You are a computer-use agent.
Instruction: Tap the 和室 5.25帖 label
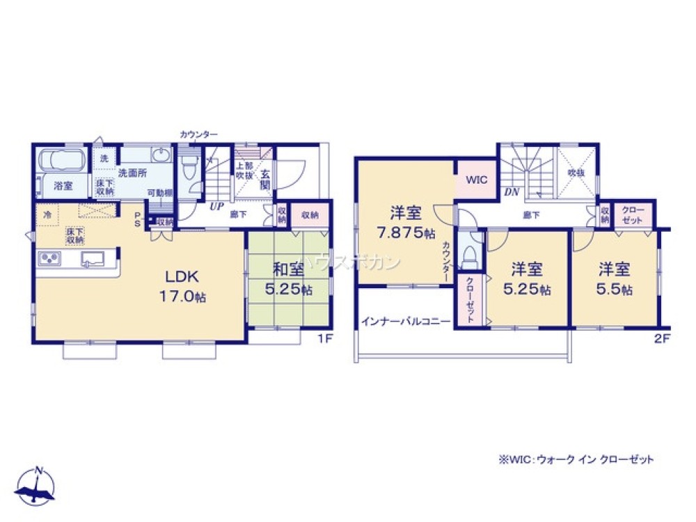(x=287, y=278)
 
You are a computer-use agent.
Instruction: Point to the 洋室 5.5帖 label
(x=612, y=279)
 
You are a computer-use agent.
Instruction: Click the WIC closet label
(x=477, y=180)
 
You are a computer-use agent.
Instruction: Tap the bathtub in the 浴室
(x=61, y=161)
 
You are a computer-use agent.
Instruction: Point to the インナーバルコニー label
(x=405, y=322)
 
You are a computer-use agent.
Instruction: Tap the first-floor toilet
(x=187, y=167)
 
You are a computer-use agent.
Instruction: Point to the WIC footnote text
(x=576, y=459)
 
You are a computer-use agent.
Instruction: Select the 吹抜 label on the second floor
(x=575, y=172)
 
